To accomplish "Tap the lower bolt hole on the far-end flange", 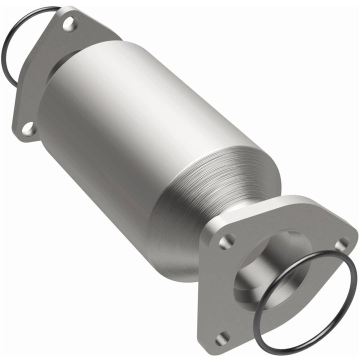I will [28, 128].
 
